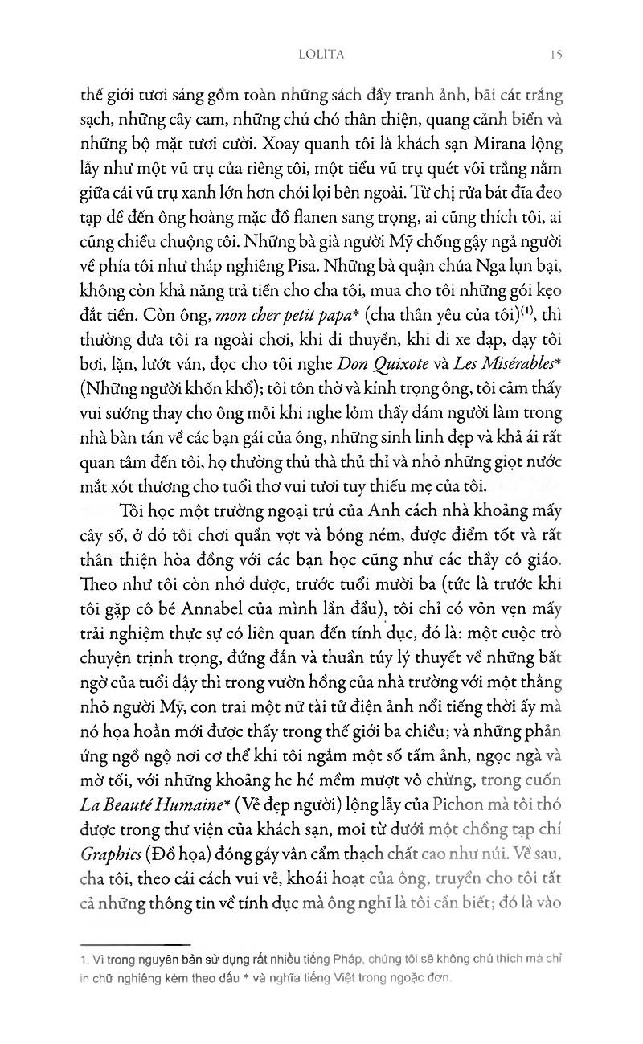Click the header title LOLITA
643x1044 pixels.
pos(309,55)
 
